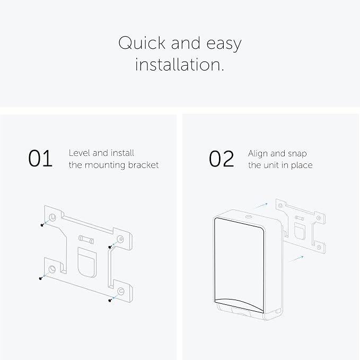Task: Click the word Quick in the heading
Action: [x=142, y=43]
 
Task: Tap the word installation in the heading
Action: [x=179, y=65]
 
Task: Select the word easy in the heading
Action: [x=224, y=44]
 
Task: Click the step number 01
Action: [x=40, y=159]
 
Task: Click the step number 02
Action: [x=221, y=159]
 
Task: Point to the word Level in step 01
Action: [x=79, y=153]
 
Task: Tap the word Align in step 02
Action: [x=258, y=154]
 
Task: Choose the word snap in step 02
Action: [x=297, y=154]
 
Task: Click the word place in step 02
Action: [x=302, y=165]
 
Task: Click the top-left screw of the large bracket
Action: [x=42, y=225]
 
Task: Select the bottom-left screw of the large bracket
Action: [x=41, y=278]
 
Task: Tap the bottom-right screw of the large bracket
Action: [x=110, y=300]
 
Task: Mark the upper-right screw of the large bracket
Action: [x=110, y=247]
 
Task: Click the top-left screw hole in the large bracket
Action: [x=52, y=217]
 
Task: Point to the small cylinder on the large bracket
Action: [x=86, y=239]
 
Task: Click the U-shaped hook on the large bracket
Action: [x=87, y=262]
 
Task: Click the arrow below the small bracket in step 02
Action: [x=296, y=259]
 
